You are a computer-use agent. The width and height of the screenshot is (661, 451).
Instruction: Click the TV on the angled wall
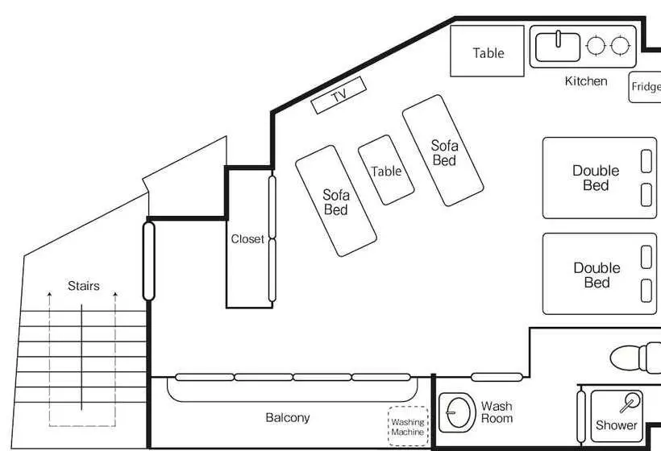coord(339,95)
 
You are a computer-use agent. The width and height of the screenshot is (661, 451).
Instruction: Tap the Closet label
coord(247,238)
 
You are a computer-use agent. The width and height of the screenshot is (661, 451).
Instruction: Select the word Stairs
coord(84,286)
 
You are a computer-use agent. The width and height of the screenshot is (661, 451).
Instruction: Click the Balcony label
coord(288,417)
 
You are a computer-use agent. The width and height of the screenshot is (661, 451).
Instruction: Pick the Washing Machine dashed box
coord(408,426)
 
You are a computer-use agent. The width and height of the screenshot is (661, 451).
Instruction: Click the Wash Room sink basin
coord(457,412)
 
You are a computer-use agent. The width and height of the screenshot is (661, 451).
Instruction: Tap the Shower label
coord(616,425)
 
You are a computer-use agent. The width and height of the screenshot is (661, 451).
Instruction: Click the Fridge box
coord(645,87)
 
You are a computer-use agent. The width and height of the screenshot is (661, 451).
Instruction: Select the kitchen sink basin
coord(558,47)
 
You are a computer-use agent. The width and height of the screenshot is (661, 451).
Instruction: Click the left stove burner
coord(596,45)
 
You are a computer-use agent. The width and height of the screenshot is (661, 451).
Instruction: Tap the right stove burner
coord(620,45)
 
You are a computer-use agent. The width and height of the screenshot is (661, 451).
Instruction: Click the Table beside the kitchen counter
coord(487,51)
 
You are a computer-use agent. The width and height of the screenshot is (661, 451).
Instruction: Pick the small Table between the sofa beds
coord(386,170)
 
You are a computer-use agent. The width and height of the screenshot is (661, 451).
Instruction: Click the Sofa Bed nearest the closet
coord(336,201)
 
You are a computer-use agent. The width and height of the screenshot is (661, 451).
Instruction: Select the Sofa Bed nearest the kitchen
coord(443,151)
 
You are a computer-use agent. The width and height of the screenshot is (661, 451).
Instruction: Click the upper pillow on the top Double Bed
coord(646,161)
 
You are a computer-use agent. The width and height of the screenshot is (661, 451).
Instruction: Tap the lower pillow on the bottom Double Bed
coord(646,291)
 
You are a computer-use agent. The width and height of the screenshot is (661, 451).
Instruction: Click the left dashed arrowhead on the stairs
coord(49,294)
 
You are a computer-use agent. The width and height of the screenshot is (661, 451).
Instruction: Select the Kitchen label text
coord(586,81)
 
